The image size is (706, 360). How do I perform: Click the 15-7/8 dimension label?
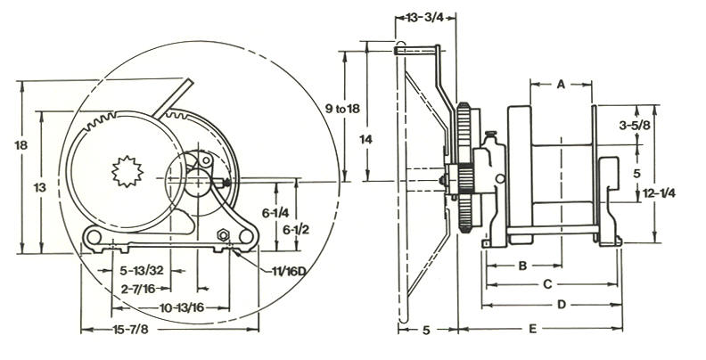coord(130,330)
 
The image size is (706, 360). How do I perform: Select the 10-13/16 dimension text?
coord(182,307)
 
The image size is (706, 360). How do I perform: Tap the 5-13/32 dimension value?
coord(142,271)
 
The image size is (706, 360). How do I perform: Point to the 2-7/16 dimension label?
coord(138,289)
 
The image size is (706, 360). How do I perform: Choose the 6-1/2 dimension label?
coord(296,230)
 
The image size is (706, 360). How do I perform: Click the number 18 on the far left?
coord(21,145)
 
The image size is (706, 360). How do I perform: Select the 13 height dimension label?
coord(40,187)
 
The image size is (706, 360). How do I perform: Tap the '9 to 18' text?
coord(342,109)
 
